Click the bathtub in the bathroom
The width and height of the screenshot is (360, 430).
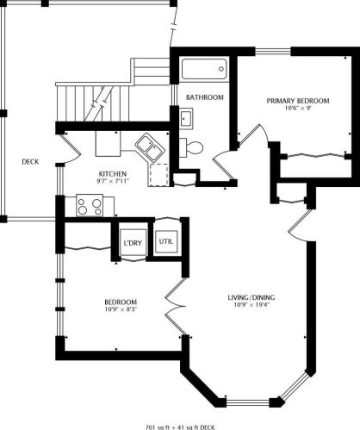[x=204, y=69]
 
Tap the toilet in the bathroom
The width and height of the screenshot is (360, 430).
[x=191, y=147]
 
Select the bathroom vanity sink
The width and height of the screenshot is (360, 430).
[x=186, y=119]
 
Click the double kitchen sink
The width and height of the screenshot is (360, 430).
[x=150, y=147]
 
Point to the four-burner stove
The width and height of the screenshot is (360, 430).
[x=90, y=205]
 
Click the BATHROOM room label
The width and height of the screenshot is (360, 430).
[x=205, y=97]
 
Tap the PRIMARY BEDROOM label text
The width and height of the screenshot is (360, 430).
[x=298, y=101]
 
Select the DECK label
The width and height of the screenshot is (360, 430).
[x=30, y=162]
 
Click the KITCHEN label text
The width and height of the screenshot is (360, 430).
[x=113, y=174]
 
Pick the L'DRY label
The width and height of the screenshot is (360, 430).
[x=133, y=243]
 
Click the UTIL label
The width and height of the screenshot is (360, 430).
[x=166, y=241]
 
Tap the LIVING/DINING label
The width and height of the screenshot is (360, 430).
[x=251, y=297]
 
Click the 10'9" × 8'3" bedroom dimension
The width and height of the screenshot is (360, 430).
[x=121, y=309]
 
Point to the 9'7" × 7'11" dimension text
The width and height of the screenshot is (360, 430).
[x=113, y=181]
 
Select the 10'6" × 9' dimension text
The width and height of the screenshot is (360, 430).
[x=298, y=108]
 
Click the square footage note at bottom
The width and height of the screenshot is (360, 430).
[x=180, y=427]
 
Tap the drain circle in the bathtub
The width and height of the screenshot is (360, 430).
[x=221, y=69]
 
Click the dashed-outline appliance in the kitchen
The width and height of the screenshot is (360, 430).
[x=158, y=175]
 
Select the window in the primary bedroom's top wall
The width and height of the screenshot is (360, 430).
[x=273, y=51]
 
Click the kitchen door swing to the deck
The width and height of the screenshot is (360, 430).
[x=72, y=149]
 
